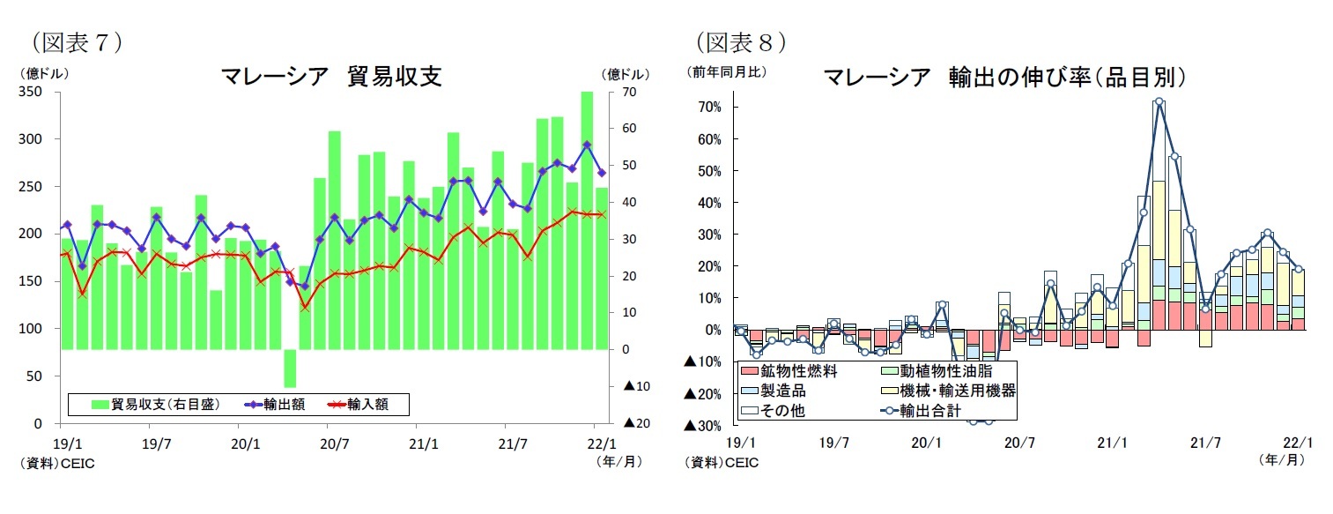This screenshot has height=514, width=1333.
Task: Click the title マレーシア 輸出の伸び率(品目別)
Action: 1004,78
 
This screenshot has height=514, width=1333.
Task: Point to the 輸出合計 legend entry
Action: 929,410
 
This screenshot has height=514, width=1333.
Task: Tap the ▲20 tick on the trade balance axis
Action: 635,424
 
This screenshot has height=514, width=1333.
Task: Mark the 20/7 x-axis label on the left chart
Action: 334,443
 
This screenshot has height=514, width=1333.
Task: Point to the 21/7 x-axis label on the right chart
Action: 1205,443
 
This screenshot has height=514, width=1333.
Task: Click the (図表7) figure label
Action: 75,41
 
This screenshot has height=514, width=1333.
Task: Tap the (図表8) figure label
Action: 740,41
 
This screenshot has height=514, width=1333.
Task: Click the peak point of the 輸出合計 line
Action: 1159,101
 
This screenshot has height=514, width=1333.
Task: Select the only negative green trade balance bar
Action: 290,369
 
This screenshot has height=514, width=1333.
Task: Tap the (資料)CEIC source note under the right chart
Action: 723,462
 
